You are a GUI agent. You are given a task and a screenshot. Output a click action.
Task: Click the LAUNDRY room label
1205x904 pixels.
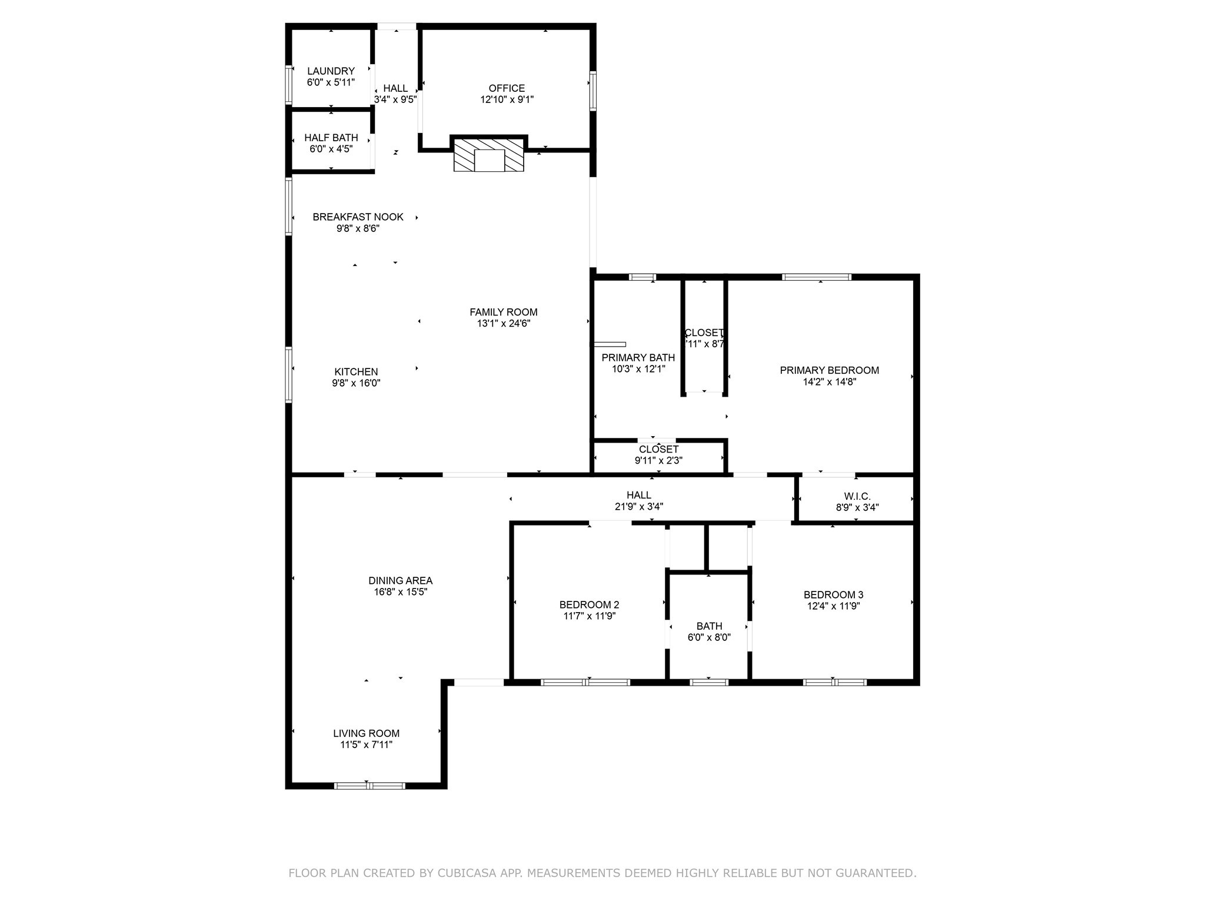point(331,71)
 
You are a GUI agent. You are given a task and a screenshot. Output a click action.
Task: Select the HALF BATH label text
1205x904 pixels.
point(331,138)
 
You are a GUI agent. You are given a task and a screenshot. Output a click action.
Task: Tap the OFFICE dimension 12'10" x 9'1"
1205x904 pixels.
point(507,99)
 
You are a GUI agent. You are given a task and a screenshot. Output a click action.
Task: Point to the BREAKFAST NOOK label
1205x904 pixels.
point(358,217)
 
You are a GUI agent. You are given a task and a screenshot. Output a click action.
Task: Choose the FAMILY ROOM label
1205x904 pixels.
point(503,313)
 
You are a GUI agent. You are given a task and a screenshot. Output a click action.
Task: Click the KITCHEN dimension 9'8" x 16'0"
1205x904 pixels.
point(356,383)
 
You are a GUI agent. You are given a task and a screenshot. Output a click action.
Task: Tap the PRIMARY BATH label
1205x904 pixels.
point(638,358)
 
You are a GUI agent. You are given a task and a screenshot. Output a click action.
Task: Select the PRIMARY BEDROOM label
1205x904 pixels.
point(829,370)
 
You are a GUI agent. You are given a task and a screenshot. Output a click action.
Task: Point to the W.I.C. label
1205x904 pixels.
point(857,497)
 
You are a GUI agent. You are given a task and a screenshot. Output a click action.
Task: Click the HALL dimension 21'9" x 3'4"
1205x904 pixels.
point(638,507)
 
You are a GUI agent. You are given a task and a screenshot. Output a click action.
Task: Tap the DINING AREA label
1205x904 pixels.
point(400,581)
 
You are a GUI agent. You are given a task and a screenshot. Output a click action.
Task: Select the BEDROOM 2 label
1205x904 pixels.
point(589,605)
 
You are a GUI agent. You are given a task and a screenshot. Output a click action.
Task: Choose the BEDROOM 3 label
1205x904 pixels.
point(833,595)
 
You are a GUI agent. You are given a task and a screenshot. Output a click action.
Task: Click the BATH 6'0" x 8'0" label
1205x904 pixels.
point(709,632)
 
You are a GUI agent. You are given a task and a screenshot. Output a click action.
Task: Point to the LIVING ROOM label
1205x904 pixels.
point(366,733)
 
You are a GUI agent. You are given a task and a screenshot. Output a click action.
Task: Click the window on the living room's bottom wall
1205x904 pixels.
point(369,785)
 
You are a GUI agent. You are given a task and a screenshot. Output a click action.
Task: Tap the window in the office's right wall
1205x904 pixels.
point(593,91)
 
